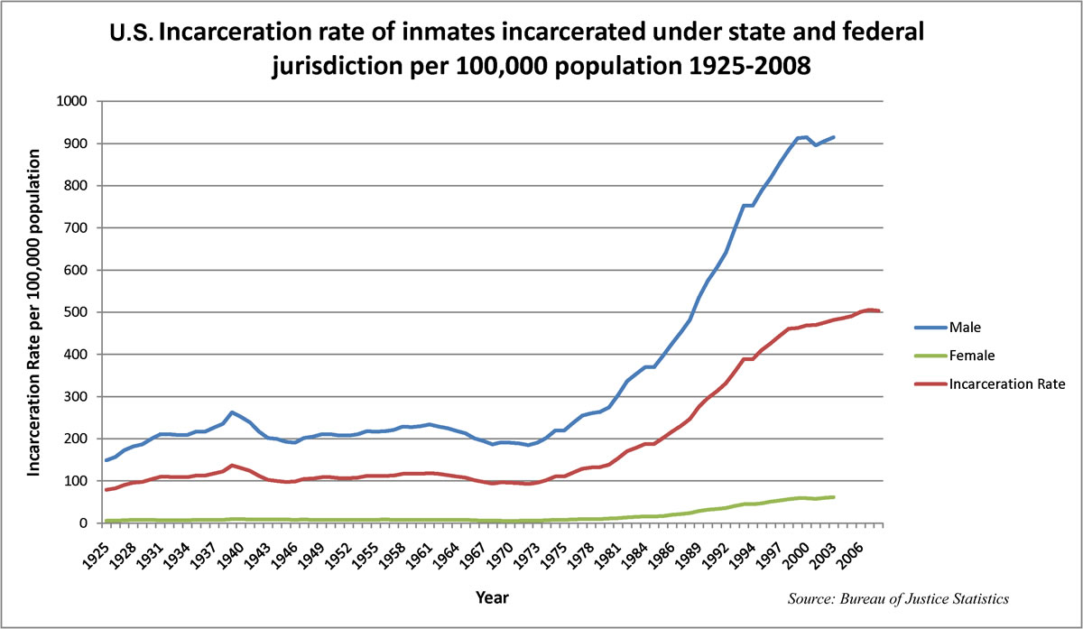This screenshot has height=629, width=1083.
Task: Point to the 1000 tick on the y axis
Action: (72, 101)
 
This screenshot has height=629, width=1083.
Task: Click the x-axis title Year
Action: (493, 597)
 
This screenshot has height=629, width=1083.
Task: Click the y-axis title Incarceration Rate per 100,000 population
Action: (36, 312)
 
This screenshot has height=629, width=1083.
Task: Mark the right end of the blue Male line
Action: (834, 137)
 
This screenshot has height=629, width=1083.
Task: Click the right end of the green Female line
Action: (834, 497)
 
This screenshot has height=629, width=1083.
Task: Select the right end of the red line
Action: (879, 310)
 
